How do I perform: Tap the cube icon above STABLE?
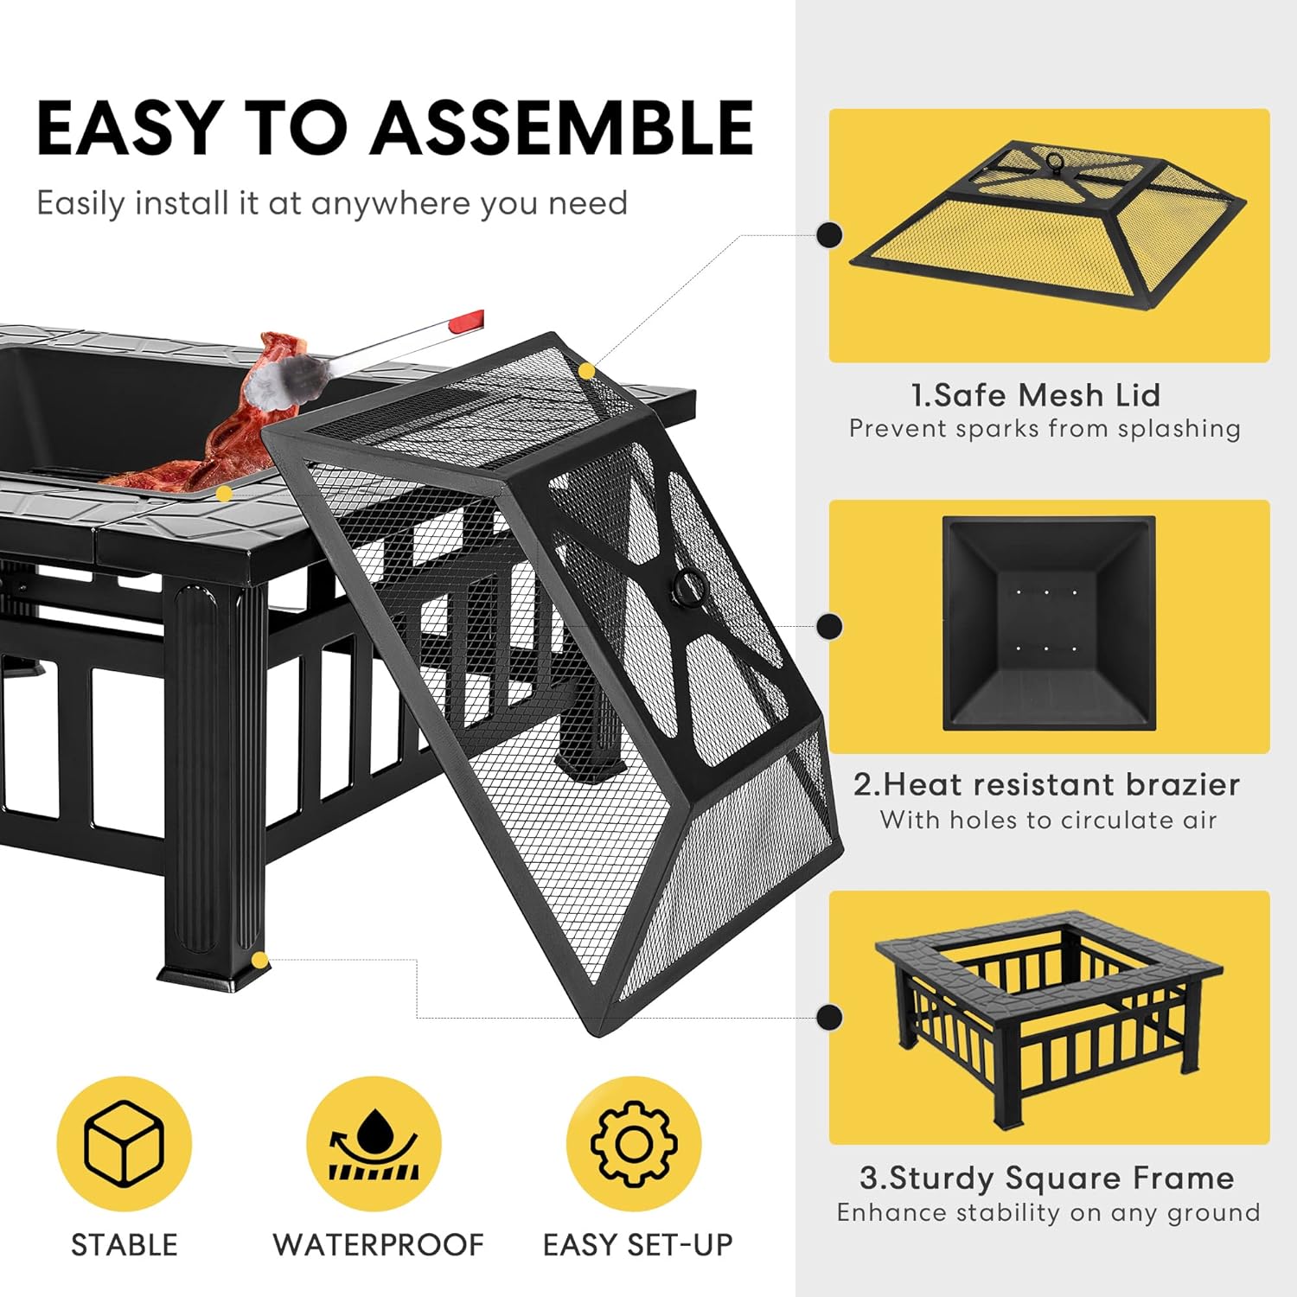pyautogui.click(x=124, y=1143)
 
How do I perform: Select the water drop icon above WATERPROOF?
pyautogui.click(x=374, y=1143)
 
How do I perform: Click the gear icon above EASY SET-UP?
pyautogui.click(x=633, y=1143)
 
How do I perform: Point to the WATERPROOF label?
pyautogui.click(x=378, y=1244)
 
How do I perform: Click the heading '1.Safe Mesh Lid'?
pyautogui.click(x=1035, y=395)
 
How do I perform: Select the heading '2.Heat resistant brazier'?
pyautogui.click(x=1046, y=784)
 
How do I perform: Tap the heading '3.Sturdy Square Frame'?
pyautogui.click(x=1046, y=1178)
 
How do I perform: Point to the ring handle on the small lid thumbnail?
pyautogui.click(x=1056, y=163)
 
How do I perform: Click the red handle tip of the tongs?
pyautogui.click(x=467, y=322)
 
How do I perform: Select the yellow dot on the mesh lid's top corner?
pyautogui.click(x=587, y=371)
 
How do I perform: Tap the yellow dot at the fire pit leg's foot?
pyautogui.click(x=259, y=960)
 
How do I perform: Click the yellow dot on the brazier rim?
pyautogui.click(x=224, y=494)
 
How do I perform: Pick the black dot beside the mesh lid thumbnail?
pyautogui.click(x=830, y=234)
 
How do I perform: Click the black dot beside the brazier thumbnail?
pyautogui.click(x=830, y=626)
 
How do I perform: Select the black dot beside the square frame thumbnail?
pyautogui.click(x=830, y=1017)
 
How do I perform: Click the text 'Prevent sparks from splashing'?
pyautogui.click(x=1045, y=429)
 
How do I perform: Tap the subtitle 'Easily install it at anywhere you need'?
pyautogui.click(x=332, y=204)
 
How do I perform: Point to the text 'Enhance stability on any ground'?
pyautogui.click(x=1048, y=1212)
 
